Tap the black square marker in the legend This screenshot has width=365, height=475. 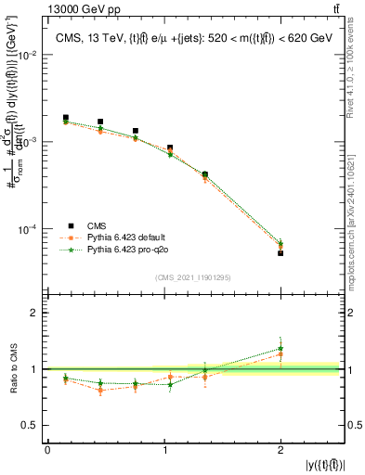pos(70,225)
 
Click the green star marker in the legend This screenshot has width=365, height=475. pos(70,250)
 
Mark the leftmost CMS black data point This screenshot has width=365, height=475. pos(65,118)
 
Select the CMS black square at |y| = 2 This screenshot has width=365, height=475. pos(280,253)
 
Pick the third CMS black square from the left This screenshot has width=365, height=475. pos(136,131)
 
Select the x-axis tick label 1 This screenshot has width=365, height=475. pos(164,449)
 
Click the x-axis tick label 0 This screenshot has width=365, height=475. pos(47,449)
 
